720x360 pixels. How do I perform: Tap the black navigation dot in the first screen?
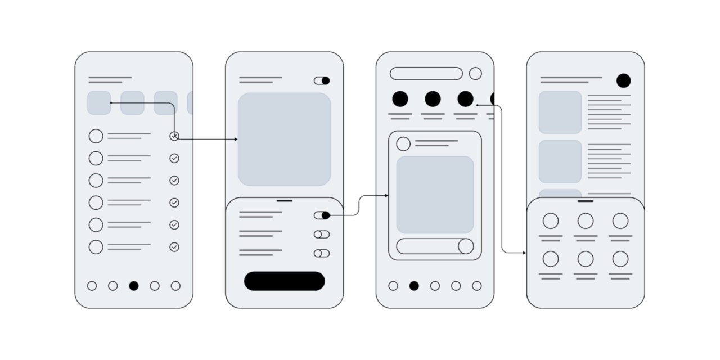133,286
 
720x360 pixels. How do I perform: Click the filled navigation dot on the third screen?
414,286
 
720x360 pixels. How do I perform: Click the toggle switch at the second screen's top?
322,80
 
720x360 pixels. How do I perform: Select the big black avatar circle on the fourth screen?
623,80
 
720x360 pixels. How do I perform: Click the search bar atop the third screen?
426,74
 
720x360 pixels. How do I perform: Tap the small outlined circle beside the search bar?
475,74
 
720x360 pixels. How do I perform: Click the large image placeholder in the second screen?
284,139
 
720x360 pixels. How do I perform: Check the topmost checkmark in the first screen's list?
174,136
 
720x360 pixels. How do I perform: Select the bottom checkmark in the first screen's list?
174,247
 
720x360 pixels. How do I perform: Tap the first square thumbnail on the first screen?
99,103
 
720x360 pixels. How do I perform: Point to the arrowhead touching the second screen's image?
235,139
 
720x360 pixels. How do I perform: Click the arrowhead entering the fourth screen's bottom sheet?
524,253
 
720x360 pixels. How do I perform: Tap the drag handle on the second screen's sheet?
285,200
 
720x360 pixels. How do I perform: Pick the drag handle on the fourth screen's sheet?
586,200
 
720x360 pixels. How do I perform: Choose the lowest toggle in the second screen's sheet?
322,253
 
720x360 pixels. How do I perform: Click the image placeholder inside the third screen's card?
435,195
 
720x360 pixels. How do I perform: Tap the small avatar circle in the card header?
403,144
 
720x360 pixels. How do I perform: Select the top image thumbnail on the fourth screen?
560,112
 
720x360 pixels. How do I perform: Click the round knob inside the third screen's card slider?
466,246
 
